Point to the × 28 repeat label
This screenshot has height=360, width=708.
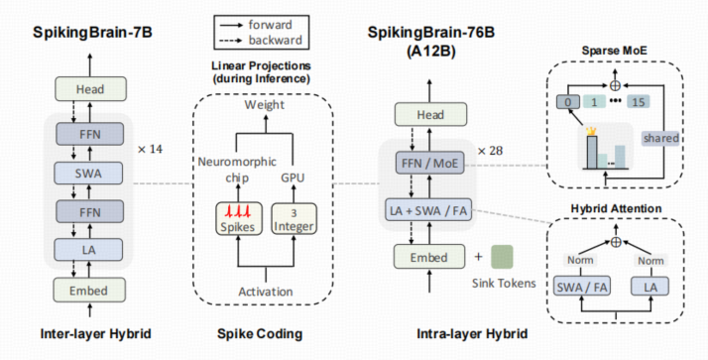492,149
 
